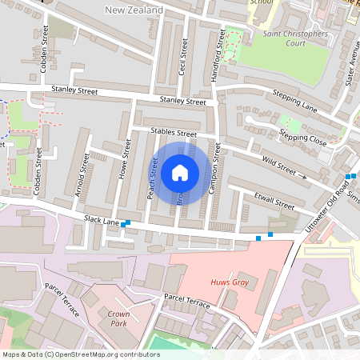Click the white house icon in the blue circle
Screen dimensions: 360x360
click(x=180, y=173)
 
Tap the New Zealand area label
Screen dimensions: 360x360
click(x=134, y=10)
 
